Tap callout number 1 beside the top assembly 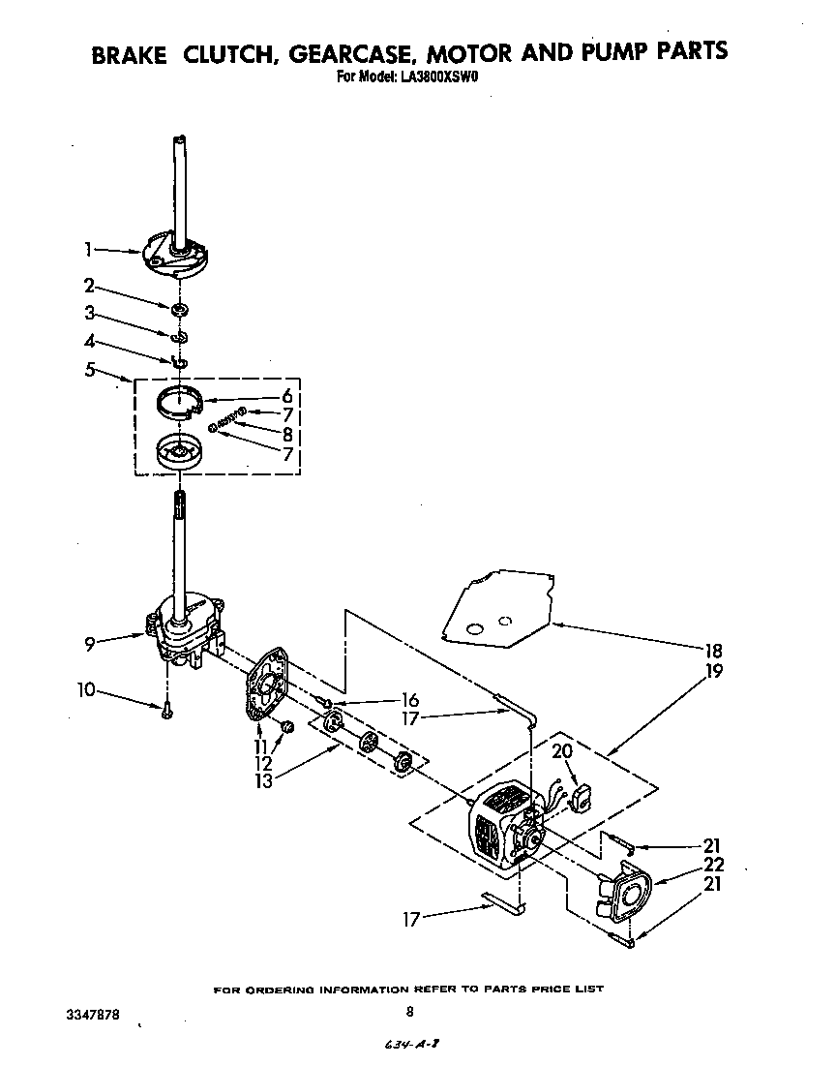coord(87,250)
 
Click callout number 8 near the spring coord(286,435)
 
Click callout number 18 coord(713,651)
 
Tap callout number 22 coord(713,865)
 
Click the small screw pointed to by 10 coord(166,710)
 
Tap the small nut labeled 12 coord(286,726)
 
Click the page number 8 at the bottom coord(410,1012)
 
